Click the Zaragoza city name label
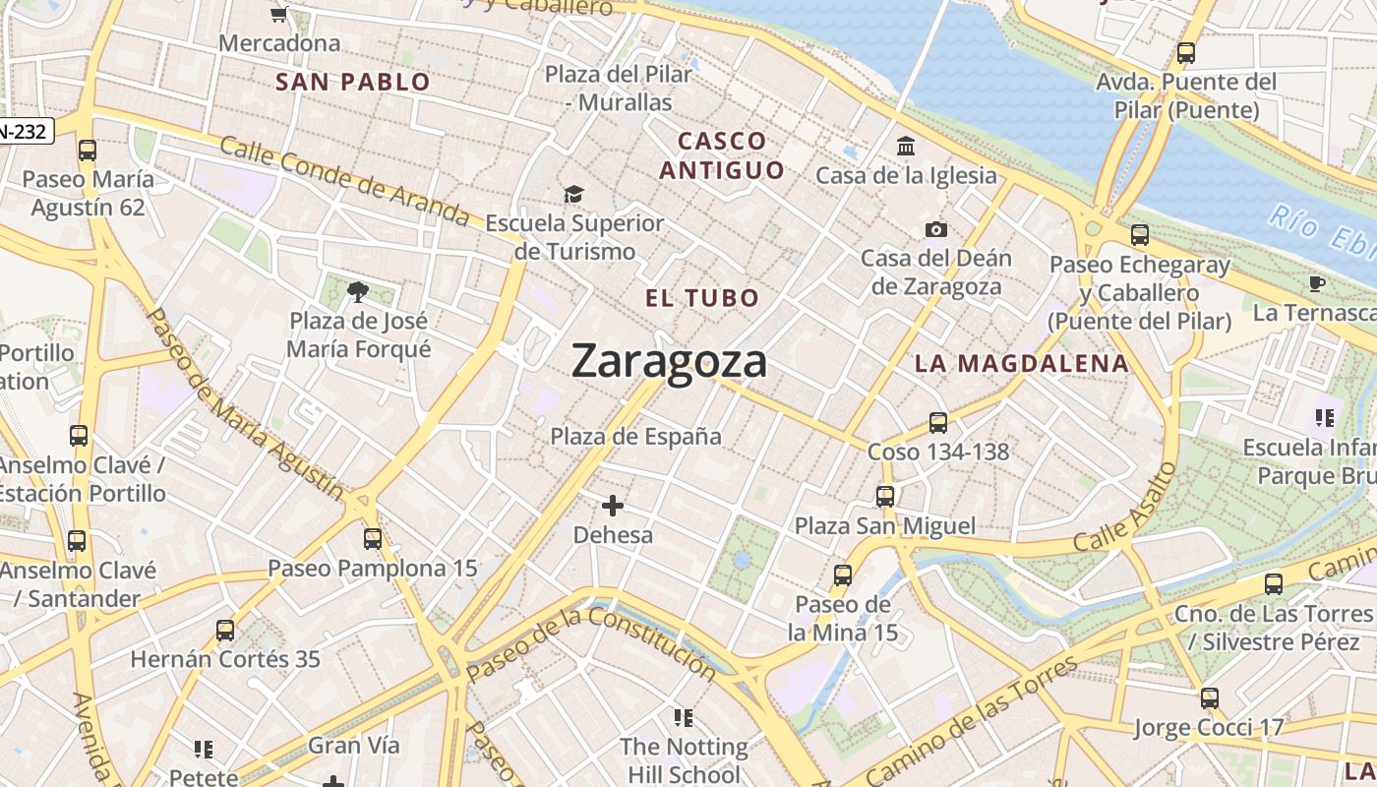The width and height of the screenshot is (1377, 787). click(669, 361)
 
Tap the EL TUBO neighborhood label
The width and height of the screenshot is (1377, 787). click(702, 298)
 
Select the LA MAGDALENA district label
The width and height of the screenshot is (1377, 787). click(1022, 363)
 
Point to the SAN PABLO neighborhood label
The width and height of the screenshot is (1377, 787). click(353, 82)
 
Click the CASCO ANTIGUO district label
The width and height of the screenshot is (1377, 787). click(722, 155)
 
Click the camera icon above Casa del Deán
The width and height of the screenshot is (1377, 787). click(936, 230)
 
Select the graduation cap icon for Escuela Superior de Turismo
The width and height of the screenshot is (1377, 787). click(573, 195)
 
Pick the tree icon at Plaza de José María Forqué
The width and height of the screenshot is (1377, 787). click(358, 291)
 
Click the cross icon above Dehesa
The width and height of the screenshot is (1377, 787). click(613, 506)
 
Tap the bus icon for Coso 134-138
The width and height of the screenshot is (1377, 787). click(938, 423)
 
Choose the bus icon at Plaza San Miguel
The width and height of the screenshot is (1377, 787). click(885, 497)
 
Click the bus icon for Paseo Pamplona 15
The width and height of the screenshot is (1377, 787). click(373, 539)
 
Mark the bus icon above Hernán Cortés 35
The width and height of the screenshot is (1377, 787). click(225, 631)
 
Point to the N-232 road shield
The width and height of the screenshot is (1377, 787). click(24, 131)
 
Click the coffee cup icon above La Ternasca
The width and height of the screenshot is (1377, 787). click(1317, 284)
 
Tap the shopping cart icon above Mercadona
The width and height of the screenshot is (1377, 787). click(278, 14)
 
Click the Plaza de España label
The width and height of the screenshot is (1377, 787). click(635, 436)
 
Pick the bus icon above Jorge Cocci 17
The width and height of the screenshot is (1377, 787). click(1209, 698)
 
